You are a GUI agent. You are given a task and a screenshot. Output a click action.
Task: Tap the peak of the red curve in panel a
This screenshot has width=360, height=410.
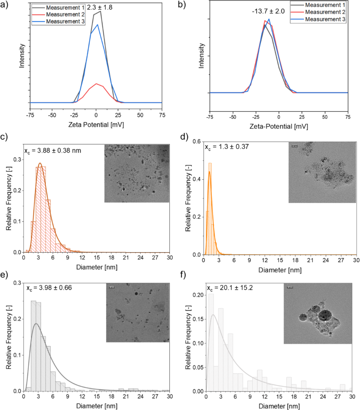tap(96, 84)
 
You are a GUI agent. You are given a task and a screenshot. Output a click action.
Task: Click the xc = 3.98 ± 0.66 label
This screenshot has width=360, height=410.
tap(49, 288)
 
